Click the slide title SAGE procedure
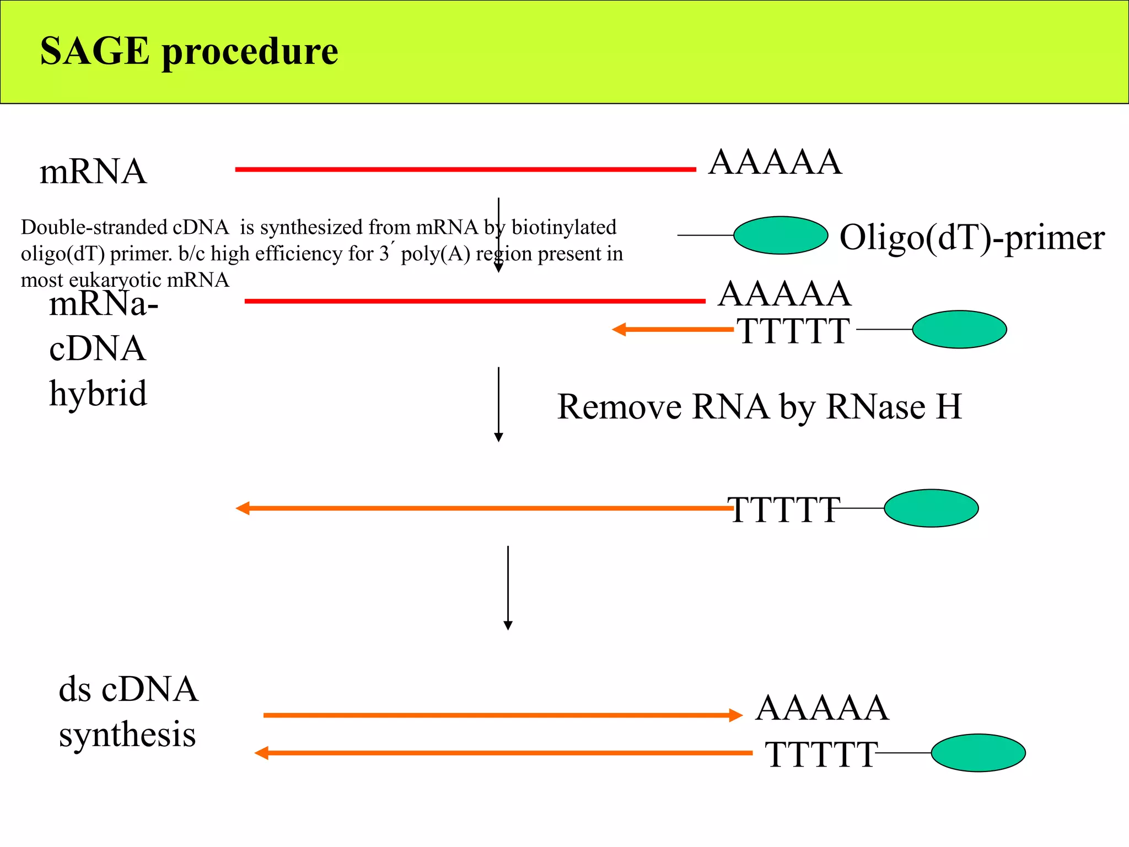point(189,51)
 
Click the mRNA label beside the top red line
point(93,171)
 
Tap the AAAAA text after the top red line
point(775,163)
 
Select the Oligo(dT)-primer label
point(972,238)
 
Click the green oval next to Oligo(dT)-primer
point(781,235)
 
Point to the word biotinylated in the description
point(564,227)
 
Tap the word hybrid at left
point(98,394)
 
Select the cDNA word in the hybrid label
point(97,349)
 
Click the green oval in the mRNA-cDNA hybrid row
point(959,330)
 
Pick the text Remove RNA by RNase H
point(759,407)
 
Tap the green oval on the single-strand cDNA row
point(931,508)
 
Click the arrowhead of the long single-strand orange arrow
point(243,508)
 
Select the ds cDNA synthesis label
point(128,712)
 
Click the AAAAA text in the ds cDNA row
point(822,708)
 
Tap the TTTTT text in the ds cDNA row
point(820,754)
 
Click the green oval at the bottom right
point(978,753)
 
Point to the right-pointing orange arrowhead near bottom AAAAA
point(736,716)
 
